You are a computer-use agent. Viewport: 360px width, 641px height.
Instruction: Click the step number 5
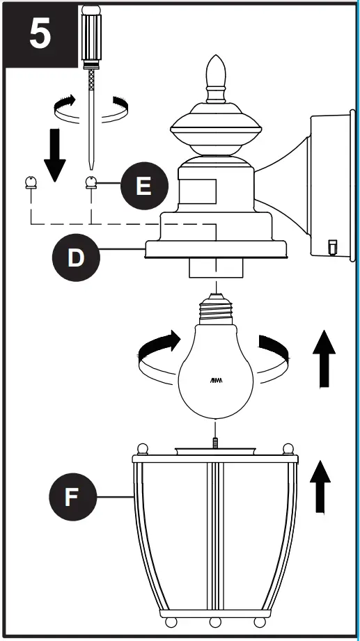tap(39, 35)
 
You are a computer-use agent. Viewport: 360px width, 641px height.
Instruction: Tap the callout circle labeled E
tap(142, 187)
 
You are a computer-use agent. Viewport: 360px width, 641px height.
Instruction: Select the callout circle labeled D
tap(75, 258)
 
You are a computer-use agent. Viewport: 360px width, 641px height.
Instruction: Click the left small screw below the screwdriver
tap(31, 184)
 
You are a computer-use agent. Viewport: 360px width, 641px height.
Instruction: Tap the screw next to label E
tap(91, 183)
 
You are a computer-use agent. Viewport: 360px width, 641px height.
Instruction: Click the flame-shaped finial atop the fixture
tap(216, 74)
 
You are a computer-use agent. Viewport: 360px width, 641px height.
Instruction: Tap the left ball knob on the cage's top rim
tap(142, 448)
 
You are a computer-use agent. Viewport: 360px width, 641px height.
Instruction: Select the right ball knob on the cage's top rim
tap(288, 448)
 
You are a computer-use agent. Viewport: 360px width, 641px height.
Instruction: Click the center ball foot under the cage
tap(215, 621)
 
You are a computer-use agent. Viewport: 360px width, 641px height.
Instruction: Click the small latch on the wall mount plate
tap(332, 247)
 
